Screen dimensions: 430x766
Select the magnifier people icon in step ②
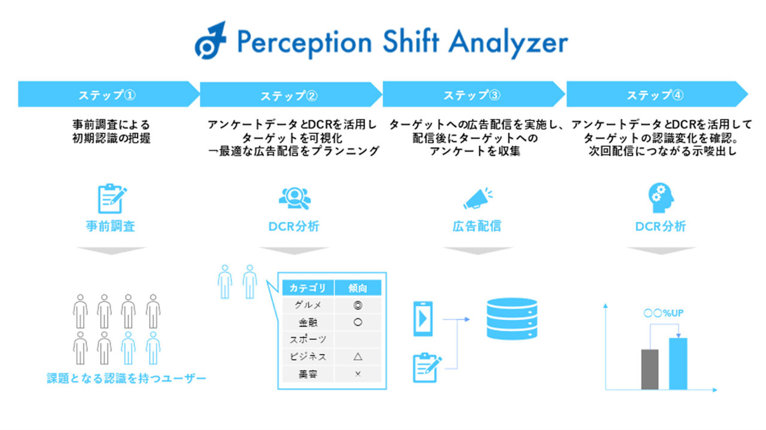pos(296,199)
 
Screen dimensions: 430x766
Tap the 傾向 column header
pos(358,288)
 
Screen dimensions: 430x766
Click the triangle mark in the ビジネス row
pos(358,356)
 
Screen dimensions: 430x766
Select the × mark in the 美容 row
pos(358,374)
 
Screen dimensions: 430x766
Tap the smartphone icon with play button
pos(423,319)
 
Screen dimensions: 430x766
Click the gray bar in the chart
pos(649,369)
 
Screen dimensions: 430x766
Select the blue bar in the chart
pos(677,364)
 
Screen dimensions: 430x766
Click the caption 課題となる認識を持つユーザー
pos(126,379)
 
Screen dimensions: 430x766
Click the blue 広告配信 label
pos(476,227)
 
